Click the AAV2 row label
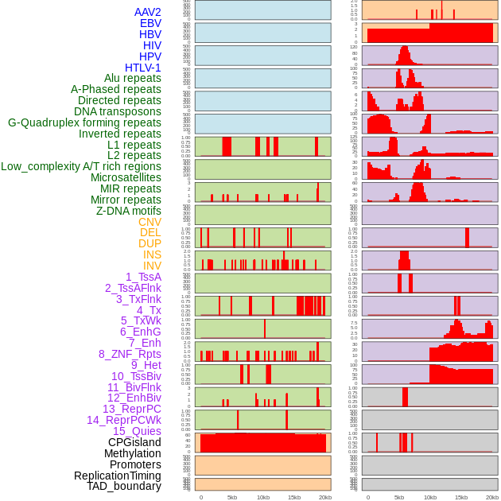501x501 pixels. click(x=147, y=12)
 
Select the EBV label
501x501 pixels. click(x=150, y=23)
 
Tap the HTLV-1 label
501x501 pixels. click(x=142, y=68)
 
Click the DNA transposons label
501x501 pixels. click(x=118, y=111)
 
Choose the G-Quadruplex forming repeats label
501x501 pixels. click(x=84, y=122)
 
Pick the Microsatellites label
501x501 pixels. click(x=126, y=177)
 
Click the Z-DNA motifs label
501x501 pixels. click(x=129, y=211)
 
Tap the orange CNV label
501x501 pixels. click(x=150, y=222)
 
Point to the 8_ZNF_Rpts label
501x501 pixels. click(x=130, y=354)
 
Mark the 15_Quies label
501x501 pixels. click(x=137, y=431)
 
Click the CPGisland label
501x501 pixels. click(x=134, y=442)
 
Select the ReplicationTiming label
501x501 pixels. click(x=118, y=476)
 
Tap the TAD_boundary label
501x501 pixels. click(x=124, y=486)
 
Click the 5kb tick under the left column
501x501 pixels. click(x=232, y=497)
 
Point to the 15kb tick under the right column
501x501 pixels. click(x=460, y=497)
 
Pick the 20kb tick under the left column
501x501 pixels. click(x=325, y=497)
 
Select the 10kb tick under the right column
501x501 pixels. click(x=429, y=497)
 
